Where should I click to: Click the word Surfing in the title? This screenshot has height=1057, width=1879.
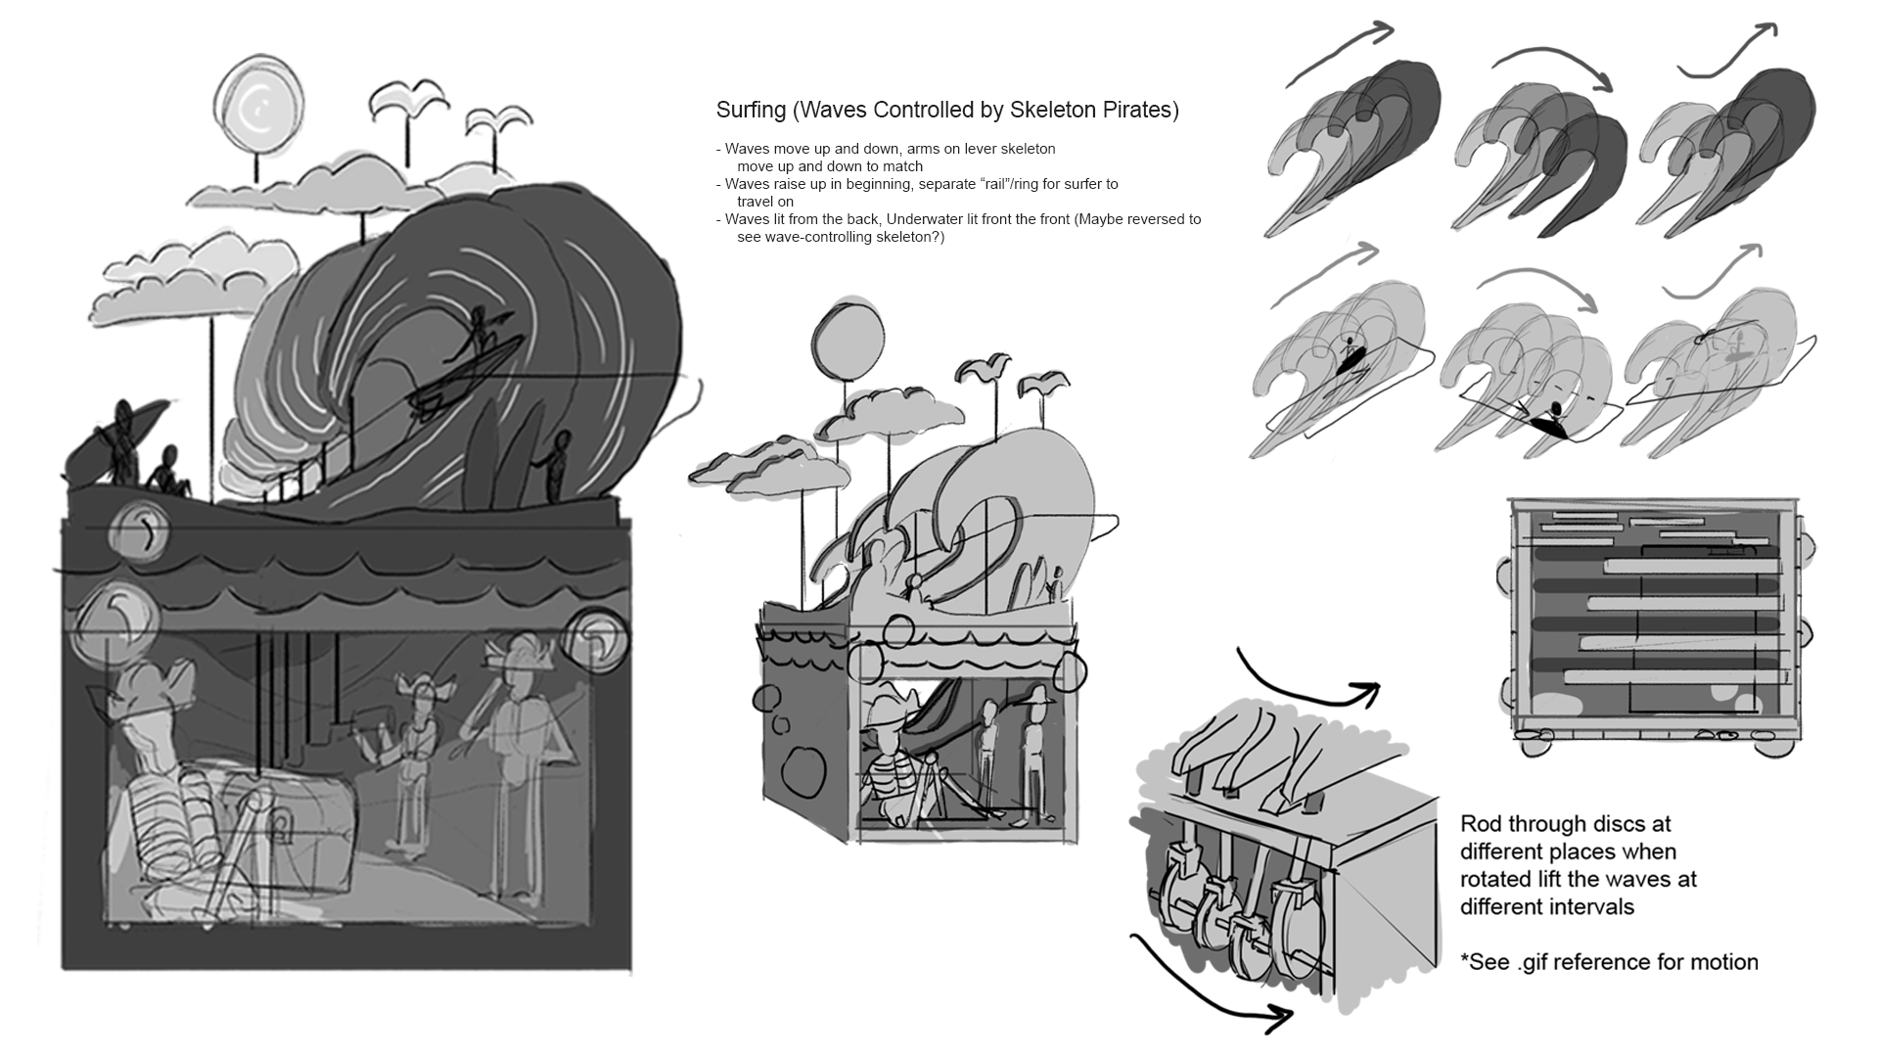pyautogui.click(x=751, y=111)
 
